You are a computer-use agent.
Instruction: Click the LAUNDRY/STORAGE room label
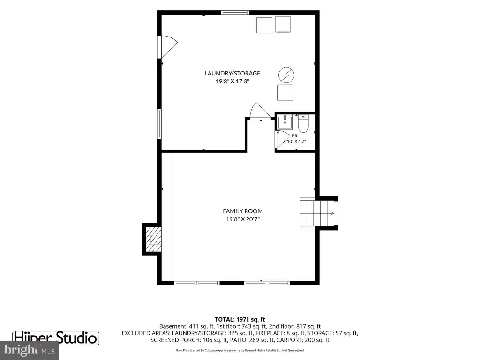tap(232, 73)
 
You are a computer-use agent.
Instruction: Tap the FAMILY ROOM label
tap(243, 211)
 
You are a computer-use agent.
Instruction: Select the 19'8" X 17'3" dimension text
tap(232, 82)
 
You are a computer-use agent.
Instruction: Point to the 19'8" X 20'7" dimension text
tap(243, 219)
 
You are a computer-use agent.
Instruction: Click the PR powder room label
tap(294, 136)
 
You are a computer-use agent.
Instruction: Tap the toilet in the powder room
tap(303, 123)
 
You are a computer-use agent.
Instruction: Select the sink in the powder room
tap(285, 122)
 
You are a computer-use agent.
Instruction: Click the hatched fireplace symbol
tap(153, 239)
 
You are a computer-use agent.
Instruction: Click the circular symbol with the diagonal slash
tap(286, 75)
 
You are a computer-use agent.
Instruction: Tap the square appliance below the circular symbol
tap(285, 93)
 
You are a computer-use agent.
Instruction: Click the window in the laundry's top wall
tap(235, 13)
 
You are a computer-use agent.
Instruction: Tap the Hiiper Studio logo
tap(56, 337)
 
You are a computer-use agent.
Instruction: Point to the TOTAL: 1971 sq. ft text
tap(240, 320)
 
